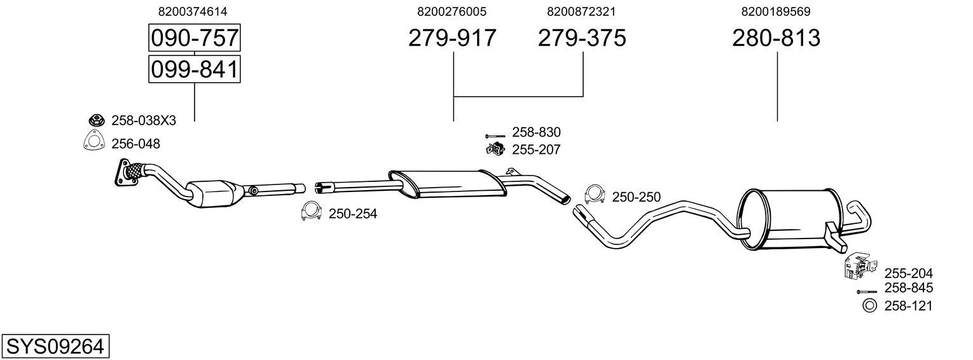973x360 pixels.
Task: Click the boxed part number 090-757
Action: point(194,39)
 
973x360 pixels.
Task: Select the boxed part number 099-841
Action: point(194,69)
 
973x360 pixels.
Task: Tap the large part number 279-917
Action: point(452,39)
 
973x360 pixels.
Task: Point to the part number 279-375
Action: point(582,39)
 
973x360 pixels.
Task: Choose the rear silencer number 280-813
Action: point(776,39)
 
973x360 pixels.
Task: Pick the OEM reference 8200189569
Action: point(775,11)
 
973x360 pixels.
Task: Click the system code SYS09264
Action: point(55,347)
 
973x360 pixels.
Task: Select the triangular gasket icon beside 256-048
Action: point(93,142)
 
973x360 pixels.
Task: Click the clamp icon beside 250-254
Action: point(311,212)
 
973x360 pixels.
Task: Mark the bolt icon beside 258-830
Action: point(495,135)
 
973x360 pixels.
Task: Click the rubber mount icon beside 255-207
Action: point(494,150)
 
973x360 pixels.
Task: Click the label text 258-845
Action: point(908,288)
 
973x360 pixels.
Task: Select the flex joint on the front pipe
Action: point(135,170)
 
